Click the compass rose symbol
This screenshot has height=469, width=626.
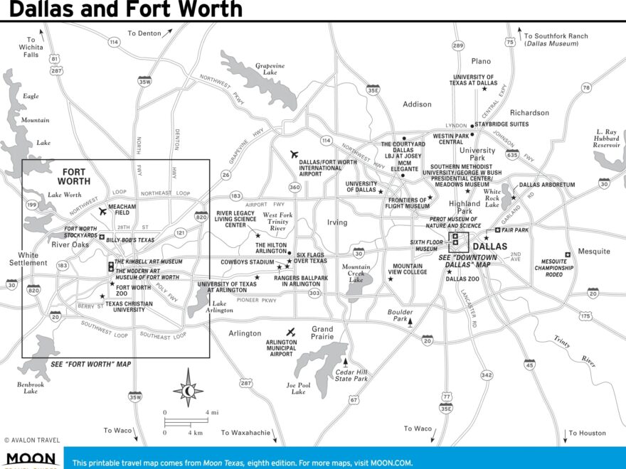point(188,388)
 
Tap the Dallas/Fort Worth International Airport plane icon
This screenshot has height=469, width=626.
point(295,154)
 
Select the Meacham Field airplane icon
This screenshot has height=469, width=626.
point(102,211)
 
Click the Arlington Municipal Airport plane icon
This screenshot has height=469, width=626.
point(290,332)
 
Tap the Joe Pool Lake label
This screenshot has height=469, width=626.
point(298,388)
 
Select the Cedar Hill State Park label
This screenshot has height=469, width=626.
point(352,374)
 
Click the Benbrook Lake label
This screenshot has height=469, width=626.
point(30,387)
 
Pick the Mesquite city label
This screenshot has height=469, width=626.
point(594,251)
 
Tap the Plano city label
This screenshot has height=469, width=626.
point(481,61)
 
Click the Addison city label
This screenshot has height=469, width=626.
point(417,104)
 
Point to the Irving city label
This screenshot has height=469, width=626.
point(337,222)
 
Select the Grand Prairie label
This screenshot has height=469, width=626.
point(322,333)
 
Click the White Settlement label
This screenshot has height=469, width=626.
point(28,259)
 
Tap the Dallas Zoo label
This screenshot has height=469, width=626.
point(462,279)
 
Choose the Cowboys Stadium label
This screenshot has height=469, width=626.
point(247,262)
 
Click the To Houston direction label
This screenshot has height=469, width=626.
point(588,433)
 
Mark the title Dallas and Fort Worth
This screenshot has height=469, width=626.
point(126,9)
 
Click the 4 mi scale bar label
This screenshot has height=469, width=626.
point(212,412)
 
